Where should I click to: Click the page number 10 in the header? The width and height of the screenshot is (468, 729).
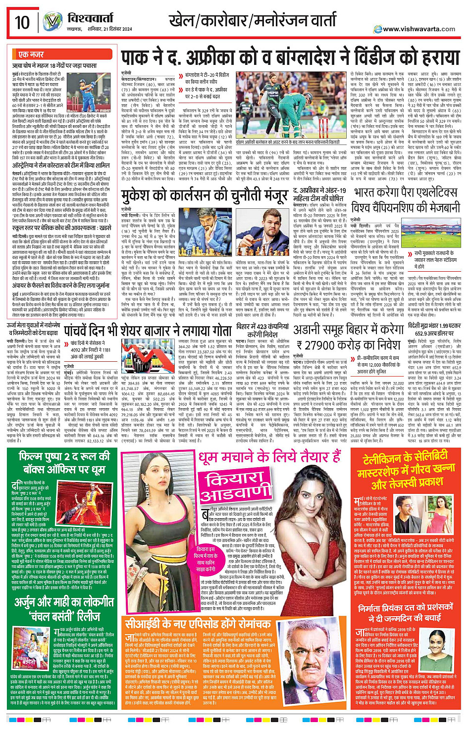22,23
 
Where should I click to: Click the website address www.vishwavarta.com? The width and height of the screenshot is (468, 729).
419,29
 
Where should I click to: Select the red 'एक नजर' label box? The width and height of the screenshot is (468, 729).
31,54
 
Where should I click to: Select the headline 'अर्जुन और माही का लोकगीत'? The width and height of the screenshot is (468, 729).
64,603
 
